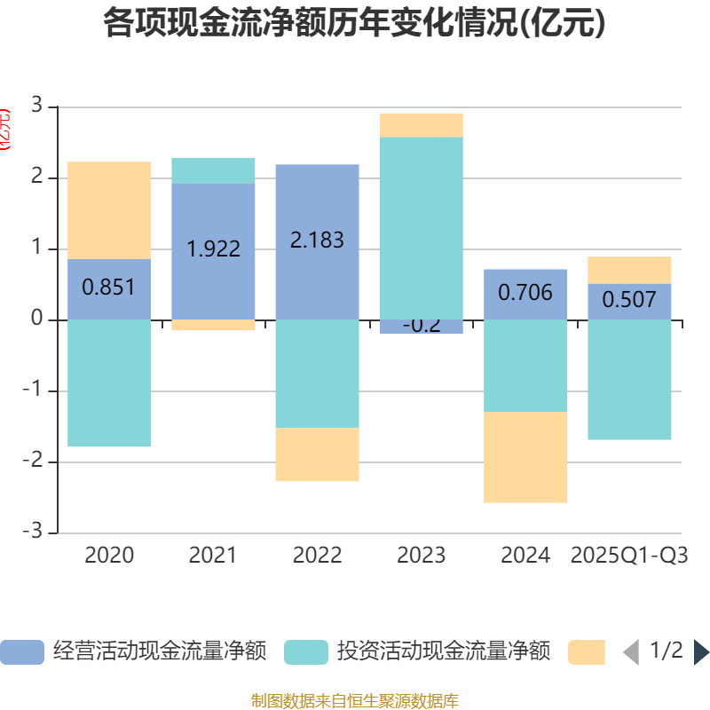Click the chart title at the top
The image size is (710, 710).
[355, 24]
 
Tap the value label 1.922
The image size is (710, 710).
[214, 249]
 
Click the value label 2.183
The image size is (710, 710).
[317, 241]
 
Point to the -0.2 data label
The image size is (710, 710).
[422, 325]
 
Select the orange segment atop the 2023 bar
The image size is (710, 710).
[422, 125]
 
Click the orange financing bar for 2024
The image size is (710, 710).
[525, 457]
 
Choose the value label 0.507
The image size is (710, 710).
[629, 300]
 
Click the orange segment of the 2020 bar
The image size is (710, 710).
[109, 210]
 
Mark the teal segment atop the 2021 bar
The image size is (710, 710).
[214, 170]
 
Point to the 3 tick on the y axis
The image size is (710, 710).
[37, 106]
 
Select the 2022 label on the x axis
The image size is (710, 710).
[317, 556]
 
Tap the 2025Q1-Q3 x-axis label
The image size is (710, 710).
[629, 556]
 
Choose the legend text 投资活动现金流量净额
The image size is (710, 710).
[444, 652]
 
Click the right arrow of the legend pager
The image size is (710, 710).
[701, 652]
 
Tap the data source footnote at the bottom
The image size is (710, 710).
[355, 701]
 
